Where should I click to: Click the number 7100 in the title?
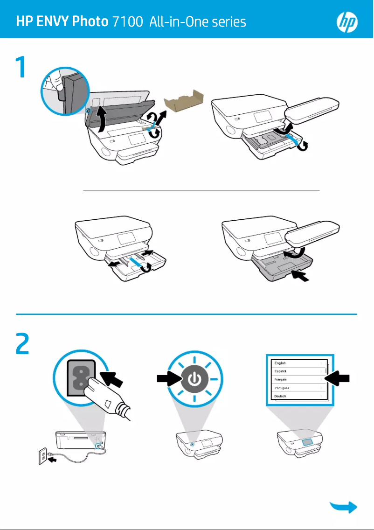click(128, 21)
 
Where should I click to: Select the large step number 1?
click(21, 67)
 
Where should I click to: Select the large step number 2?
click(22, 343)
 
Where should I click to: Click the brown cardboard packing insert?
click(183, 101)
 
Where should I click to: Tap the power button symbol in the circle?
click(194, 379)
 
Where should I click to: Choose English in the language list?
click(280, 363)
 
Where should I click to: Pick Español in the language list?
click(280, 371)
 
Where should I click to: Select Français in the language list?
click(280, 380)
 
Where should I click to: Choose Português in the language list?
click(282, 388)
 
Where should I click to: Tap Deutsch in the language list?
click(280, 396)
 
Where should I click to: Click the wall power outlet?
click(43, 456)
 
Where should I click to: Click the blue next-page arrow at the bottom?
click(344, 507)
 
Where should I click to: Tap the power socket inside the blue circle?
click(81, 377)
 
